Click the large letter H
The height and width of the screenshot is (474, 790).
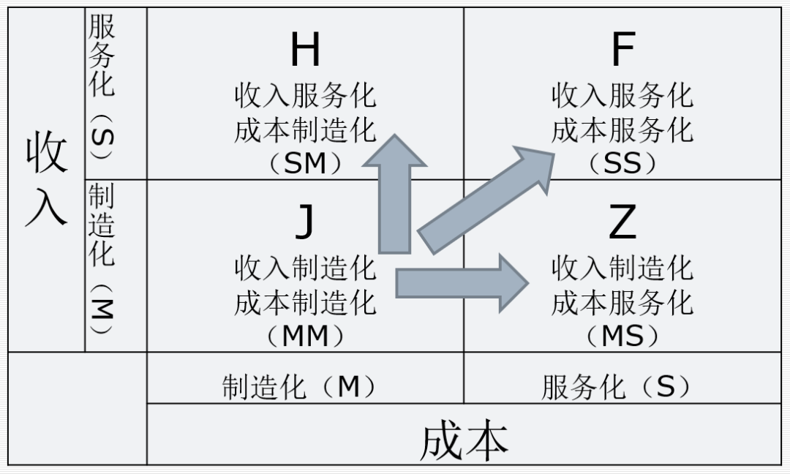pyautogui.click(x=305, y=50)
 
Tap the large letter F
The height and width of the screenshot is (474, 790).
pyautogui.click(x=622, y=50)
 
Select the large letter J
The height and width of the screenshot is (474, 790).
pyautogui.click(x=304, y=223)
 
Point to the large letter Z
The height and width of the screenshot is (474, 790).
pyautogui.click(x=622, y=223)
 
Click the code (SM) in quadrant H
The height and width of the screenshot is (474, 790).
pyautogui.click(x=304, y=164)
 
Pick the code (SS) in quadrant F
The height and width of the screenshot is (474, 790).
pyautogui.click(x=622, y=164)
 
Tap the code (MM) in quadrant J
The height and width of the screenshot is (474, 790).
pyautogui.click(x=304, y=336)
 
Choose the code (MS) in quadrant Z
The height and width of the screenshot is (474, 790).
pyautogui.click(x=622, y=336)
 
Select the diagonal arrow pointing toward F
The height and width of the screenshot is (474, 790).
pyautogui.click(x=486, y=197)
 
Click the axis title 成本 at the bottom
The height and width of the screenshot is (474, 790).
pyautogui.click(x=464, y=440)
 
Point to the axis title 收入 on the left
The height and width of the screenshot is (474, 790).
pyautogui.click(x=46, y=179)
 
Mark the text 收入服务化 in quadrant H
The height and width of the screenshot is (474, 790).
pyautogui.click(x=304, y=96)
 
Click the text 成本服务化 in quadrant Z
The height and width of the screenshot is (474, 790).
pyautogui.click(x=622, y=302)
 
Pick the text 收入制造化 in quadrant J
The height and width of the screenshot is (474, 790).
pyautogui.click(x=304, y=268)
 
